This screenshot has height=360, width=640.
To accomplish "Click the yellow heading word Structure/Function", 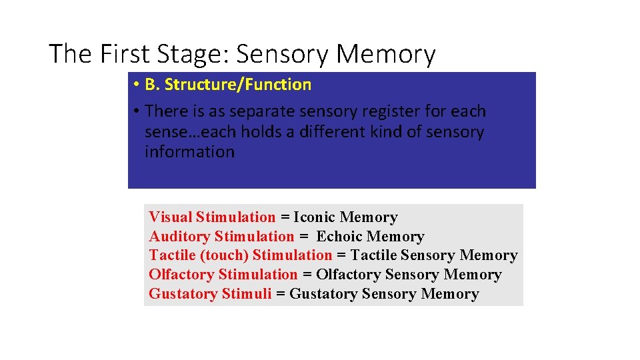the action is [238, 85].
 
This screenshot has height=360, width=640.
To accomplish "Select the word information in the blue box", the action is [189, 151].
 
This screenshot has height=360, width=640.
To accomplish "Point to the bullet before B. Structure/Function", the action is [135, 85].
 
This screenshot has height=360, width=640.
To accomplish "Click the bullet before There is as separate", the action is [135, 111].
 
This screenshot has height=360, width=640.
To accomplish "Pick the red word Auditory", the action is [179, 237].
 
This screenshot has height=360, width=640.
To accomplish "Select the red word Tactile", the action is [172, 255].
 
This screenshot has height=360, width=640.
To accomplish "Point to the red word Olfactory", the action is [181, 275].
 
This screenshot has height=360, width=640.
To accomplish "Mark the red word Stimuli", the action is [247, 294].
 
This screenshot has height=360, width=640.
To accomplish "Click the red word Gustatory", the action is [183, 294].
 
